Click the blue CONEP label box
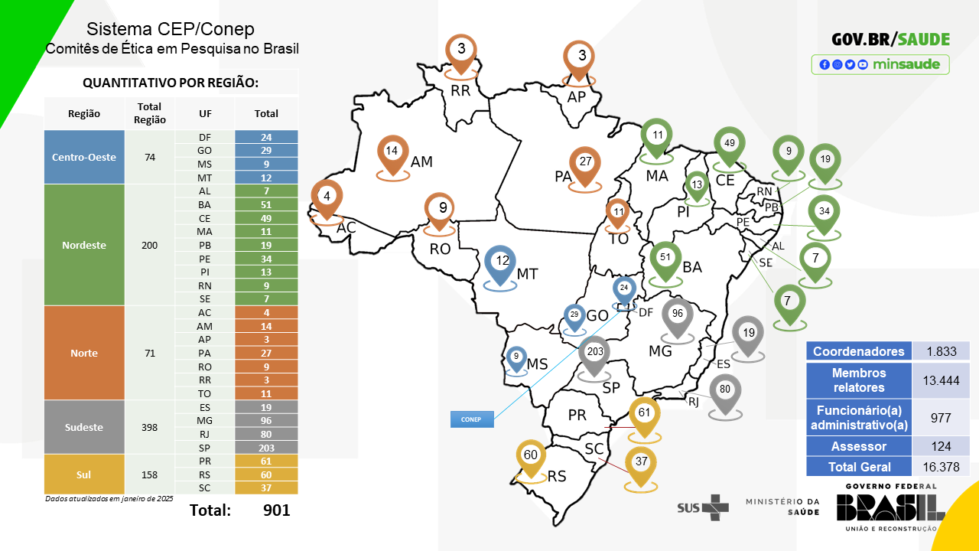coord(471,419)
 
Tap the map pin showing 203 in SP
coord(594,354)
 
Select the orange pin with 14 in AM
coord(392,152)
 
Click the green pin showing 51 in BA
coord(665,259)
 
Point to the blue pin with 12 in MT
coord(502,262)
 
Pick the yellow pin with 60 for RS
coord(531,457)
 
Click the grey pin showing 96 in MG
coord(677,315)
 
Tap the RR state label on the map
coord(460,91)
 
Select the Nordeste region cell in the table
coord(84,246)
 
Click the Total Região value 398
coord(150,427)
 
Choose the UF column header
coord(205,113)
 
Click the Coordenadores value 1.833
coord(941,351)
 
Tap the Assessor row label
coord(860,446)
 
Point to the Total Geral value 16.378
coord(941,466)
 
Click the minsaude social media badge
coord(880,64)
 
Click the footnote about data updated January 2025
coord(109,498)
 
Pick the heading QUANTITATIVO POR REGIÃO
coord(171,83)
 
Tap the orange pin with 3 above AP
coord(581,57)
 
